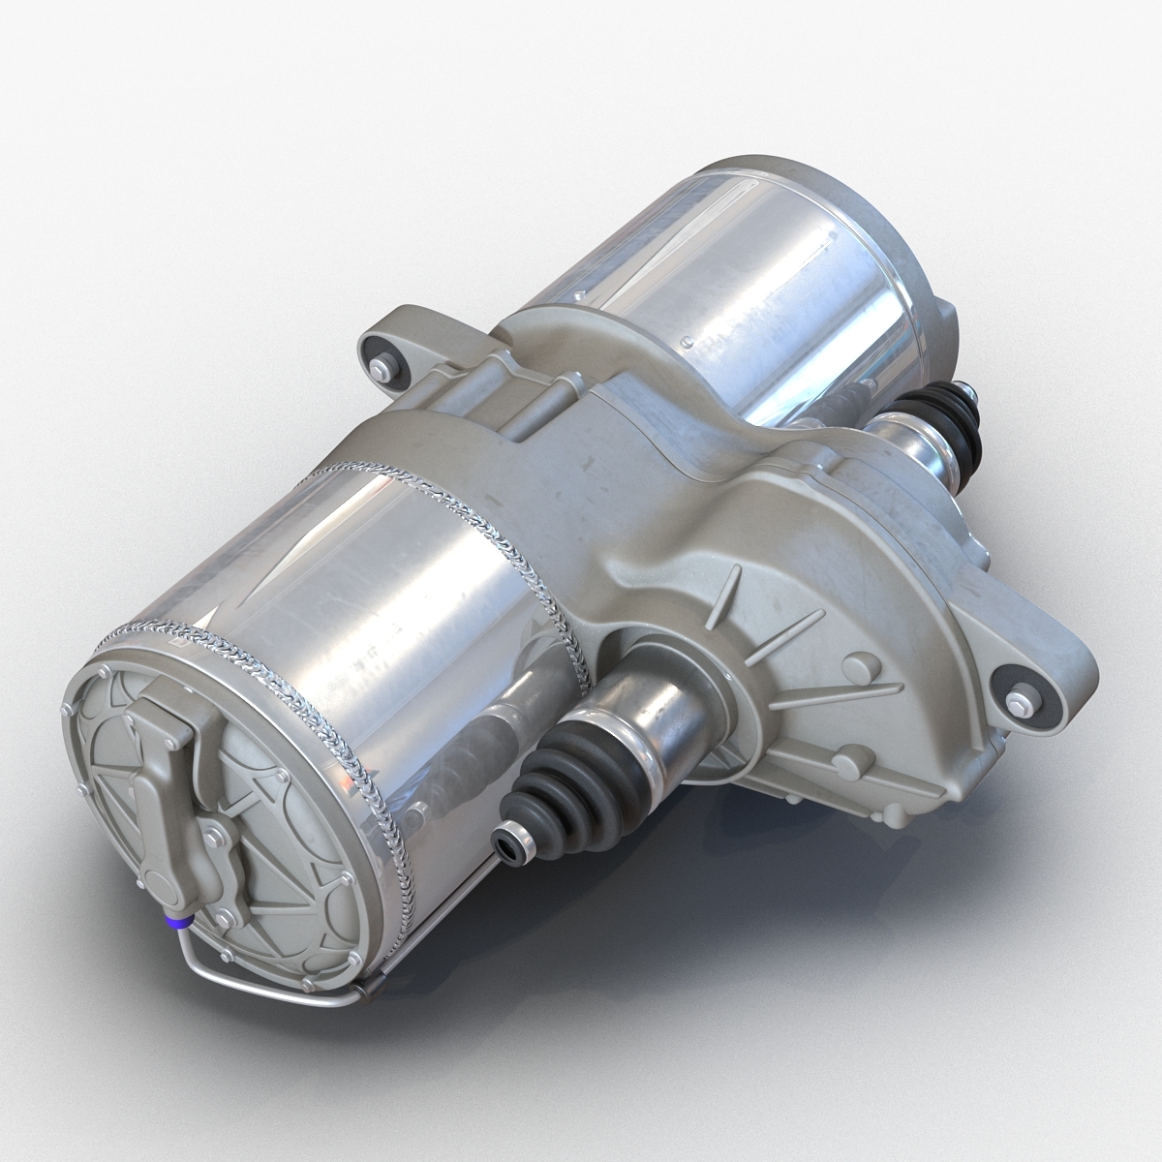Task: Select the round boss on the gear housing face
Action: click(857, 669)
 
